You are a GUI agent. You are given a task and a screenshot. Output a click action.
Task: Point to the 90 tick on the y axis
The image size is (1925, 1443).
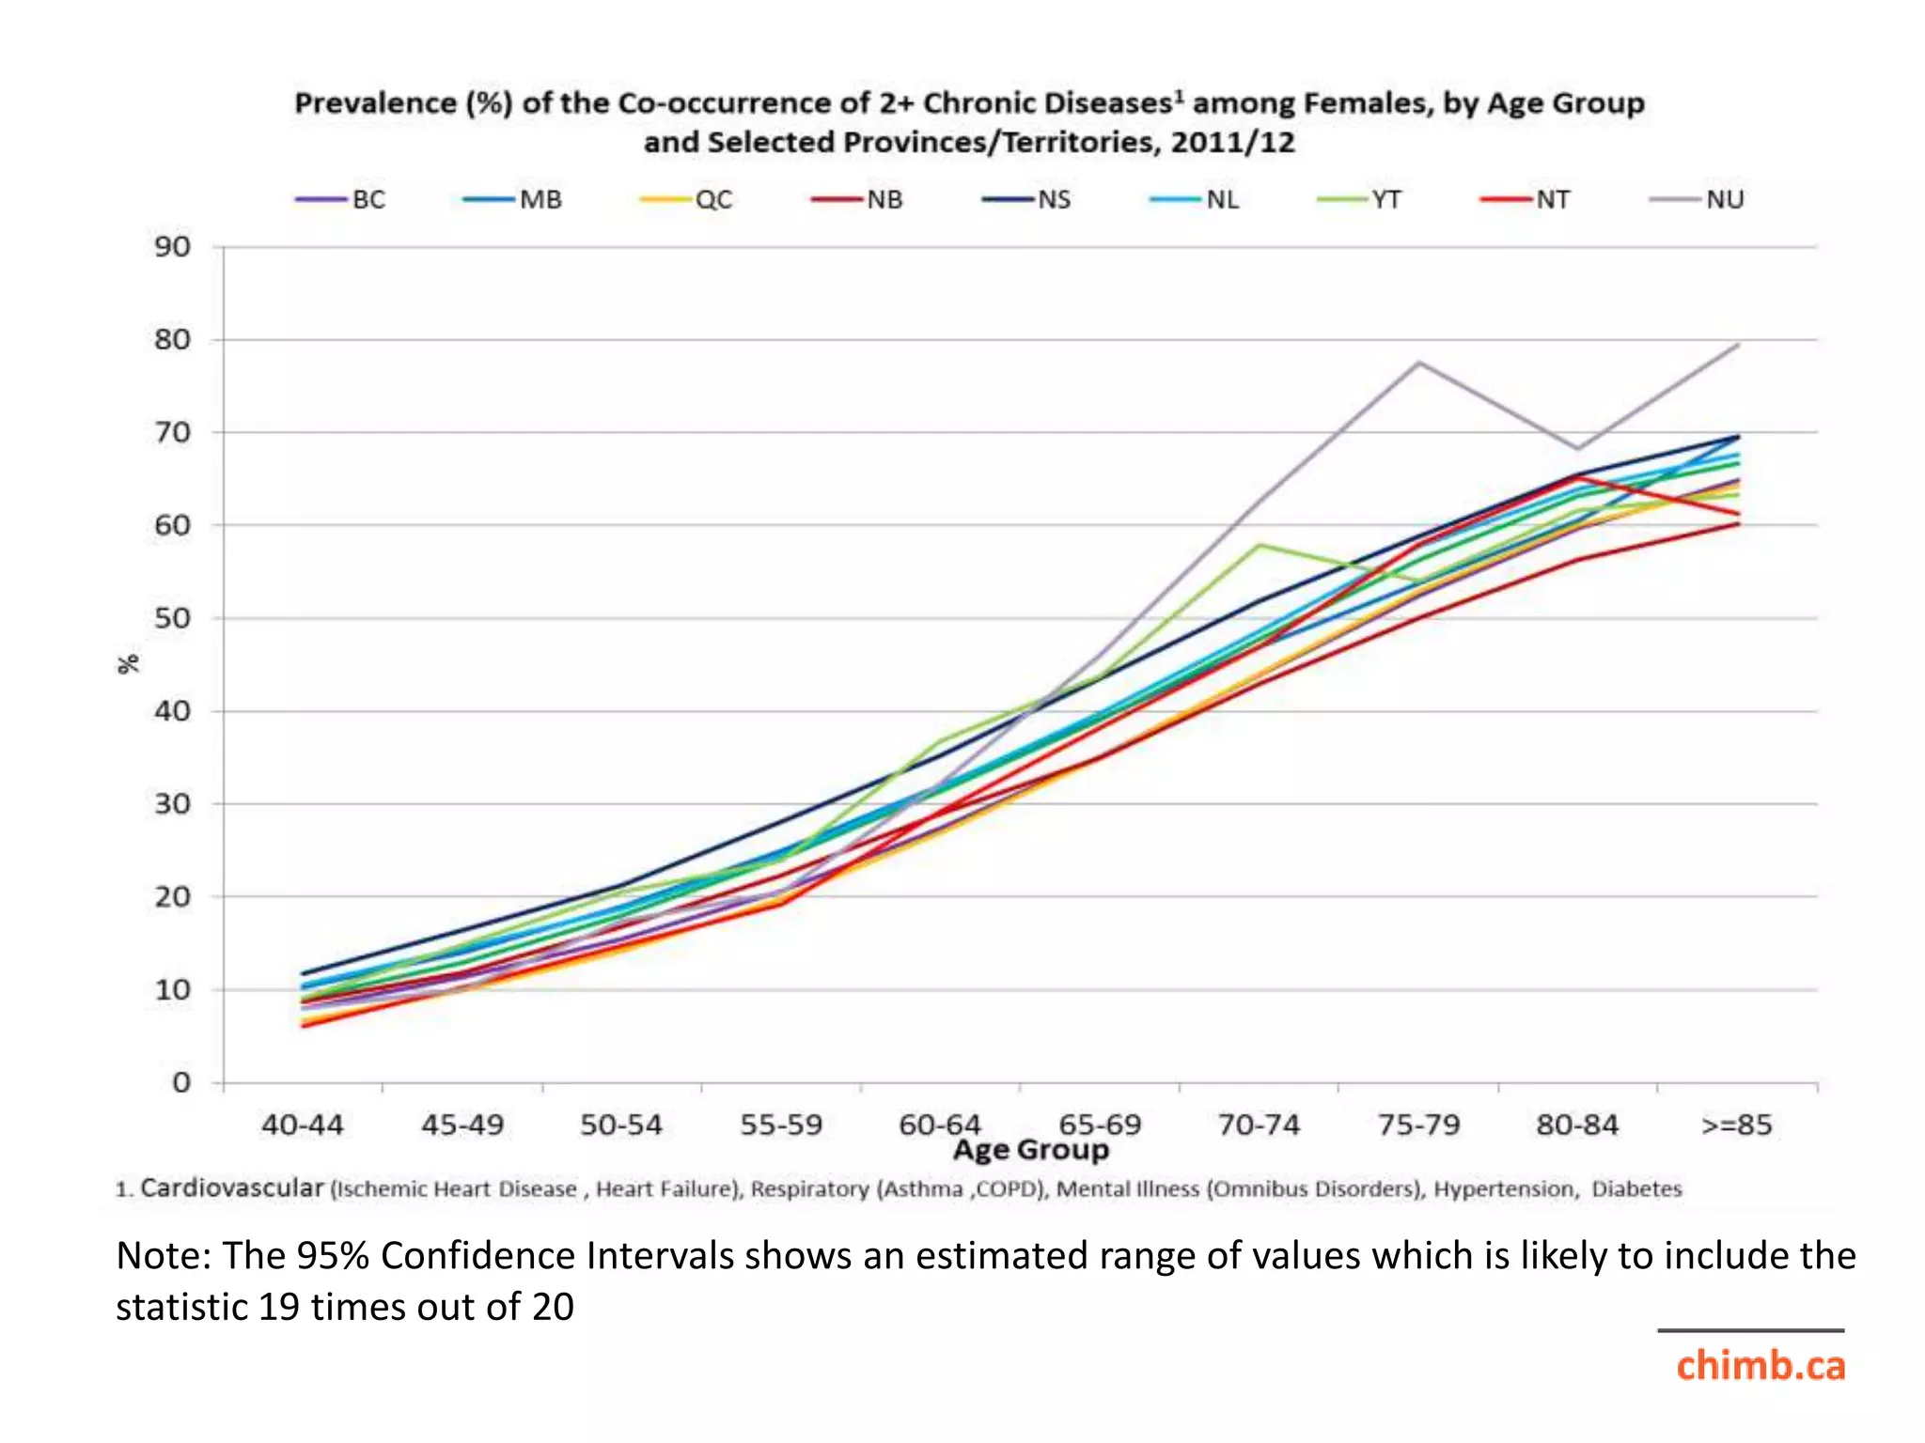[x=173, y=247]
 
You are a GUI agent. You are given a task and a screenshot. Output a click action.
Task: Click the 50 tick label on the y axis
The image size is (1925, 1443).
[x=173, y=618]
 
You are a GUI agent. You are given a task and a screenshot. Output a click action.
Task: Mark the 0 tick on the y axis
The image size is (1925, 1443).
[x=181, y=1083]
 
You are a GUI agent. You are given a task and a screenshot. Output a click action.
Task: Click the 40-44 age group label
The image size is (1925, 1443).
[x=303, y=1125]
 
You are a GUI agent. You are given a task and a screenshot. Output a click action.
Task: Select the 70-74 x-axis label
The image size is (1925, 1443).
[x=1259, y=1125]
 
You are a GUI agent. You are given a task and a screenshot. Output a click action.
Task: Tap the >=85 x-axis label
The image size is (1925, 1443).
[x=1737, y=1125]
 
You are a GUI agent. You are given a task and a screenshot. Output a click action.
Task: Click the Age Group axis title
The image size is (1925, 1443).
[x=1031, y=1150]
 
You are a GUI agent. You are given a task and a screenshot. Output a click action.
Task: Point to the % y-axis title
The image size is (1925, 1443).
[x=129, y=663]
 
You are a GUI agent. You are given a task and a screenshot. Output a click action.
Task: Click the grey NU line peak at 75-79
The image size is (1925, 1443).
[x=1418, y=363]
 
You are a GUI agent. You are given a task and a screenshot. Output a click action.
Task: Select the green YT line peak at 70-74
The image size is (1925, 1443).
[x=1259, y=545]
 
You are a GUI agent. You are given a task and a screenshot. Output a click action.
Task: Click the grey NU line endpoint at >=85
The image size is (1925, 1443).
[x=1738, y=345]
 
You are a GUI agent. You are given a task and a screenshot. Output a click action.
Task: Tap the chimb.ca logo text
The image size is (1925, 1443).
[x=1760, y=1365]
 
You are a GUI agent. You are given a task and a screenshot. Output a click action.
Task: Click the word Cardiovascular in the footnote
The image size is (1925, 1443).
[x=232, y=1187]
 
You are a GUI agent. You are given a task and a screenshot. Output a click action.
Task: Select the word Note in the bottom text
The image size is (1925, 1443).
[x=162, y=1256]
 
